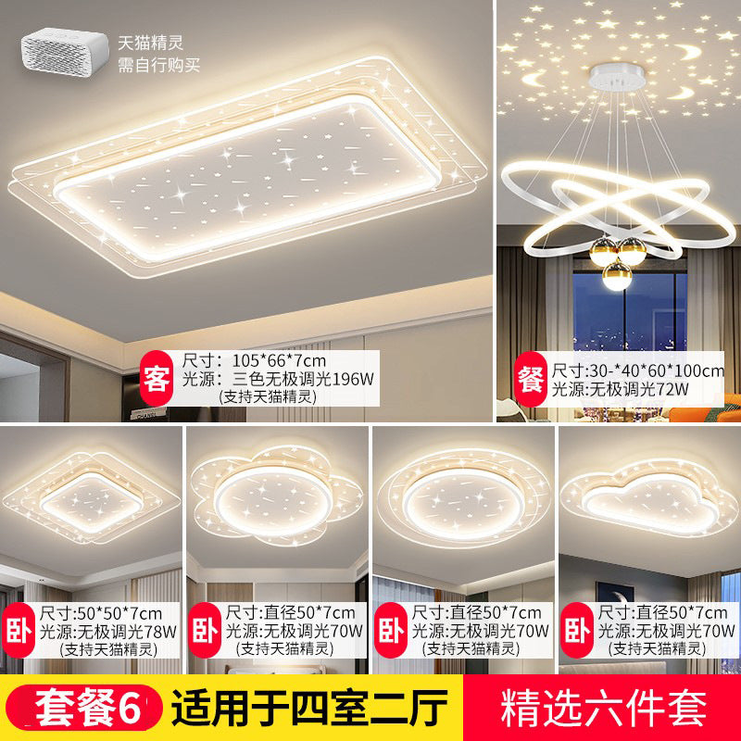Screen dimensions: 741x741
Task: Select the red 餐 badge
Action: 529,379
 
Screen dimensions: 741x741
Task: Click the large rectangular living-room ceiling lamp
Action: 250,171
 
